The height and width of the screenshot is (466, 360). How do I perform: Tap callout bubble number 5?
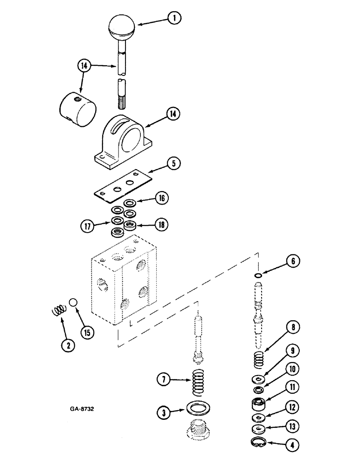click(x=173, y=164)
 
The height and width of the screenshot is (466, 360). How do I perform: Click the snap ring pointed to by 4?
click(x=258, y=443)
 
